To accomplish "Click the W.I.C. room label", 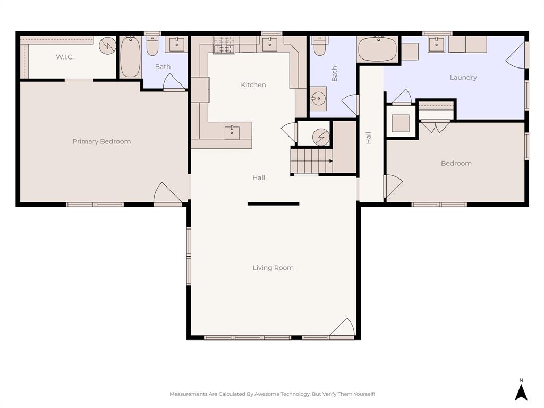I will pos(65,57).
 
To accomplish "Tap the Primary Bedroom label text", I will pos(101,141).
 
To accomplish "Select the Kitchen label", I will pos(253,85).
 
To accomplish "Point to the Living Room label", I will pos(273,268).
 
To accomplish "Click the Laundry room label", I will pos(463,78).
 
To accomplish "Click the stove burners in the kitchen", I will pos(224,45).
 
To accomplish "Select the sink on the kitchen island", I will pos(232,132).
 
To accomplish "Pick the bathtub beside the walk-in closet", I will pos(130,57).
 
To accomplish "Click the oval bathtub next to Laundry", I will pos(378,50).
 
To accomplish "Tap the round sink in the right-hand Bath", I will pos(319,98).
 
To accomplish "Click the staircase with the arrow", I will pos(311,161).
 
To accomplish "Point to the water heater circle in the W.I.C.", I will pos(108,45).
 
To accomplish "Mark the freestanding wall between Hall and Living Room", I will pos(273,203).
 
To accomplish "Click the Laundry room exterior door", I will pos(517,55).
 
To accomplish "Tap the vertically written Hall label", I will pos(368,138).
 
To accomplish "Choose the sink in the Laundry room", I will pos(436,45).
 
